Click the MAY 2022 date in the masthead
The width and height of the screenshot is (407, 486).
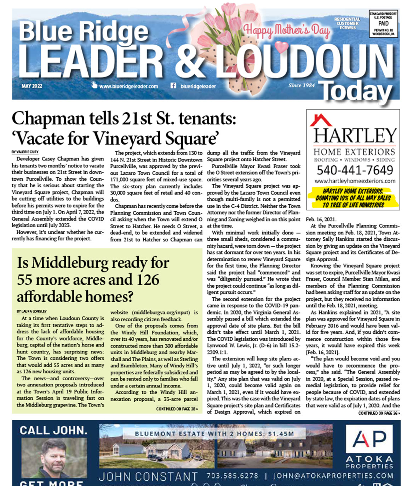[31, 86]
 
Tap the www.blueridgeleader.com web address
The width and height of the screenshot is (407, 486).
[128, 86]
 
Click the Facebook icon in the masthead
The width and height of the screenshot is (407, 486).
[173, 86]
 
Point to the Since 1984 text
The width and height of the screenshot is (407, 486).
[301, 85]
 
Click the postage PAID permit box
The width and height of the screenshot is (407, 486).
[383, 24]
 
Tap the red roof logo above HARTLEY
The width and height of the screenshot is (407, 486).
[320, 120]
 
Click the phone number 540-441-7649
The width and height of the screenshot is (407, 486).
[354, 170]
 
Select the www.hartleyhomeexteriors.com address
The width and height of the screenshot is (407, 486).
[355, 181]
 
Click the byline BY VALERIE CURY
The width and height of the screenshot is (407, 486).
[25, 152]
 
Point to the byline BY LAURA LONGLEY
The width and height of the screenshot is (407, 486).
[31, 311]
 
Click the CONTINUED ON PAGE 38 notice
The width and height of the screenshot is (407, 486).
[177, 409]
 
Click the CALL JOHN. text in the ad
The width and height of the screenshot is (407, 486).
[53, 430]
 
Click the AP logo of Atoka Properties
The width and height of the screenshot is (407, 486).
[369, 439]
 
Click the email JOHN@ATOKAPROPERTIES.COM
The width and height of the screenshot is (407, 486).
[333, 476]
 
